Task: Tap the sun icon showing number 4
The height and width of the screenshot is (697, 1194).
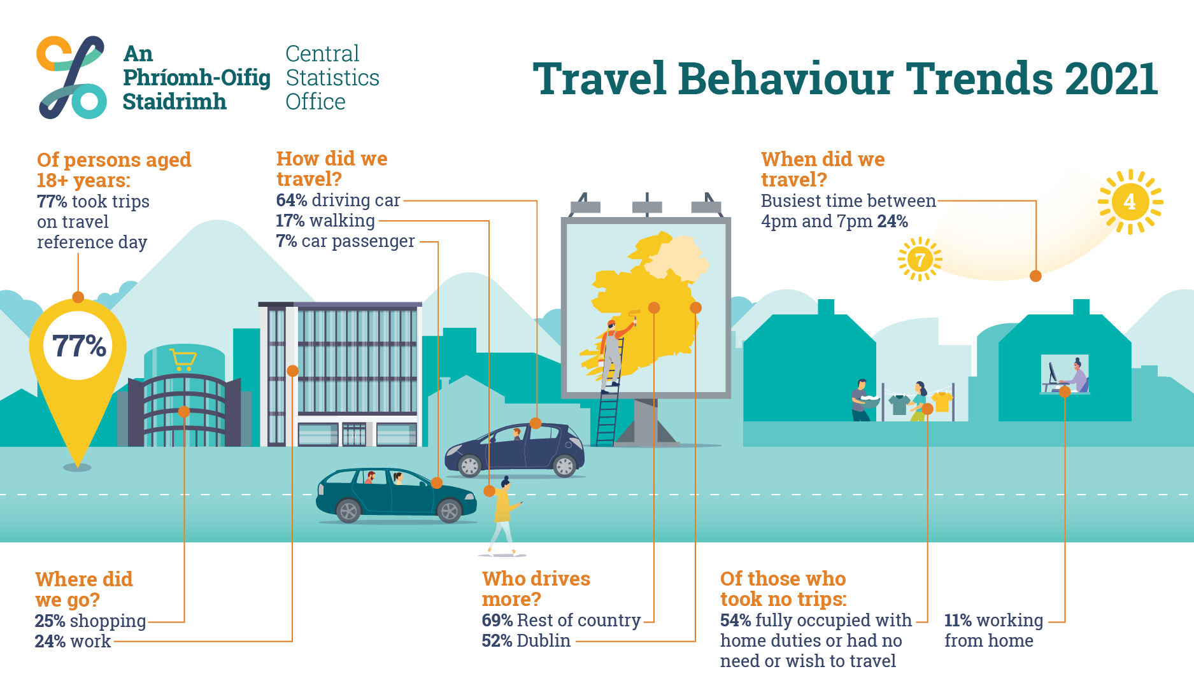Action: click(1130, 202)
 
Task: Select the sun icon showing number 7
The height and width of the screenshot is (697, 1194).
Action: click(920, 259)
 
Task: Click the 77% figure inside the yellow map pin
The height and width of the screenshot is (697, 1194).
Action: click(79, 346)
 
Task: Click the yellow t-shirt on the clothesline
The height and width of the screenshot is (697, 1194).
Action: click(942, 402)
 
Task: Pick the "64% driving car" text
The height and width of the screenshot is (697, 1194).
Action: click(338, 200)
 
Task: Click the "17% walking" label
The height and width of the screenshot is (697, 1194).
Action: click(325, 220)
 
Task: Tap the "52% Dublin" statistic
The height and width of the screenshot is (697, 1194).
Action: click(526, 640)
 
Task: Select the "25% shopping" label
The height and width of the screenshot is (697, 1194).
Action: click(90, 621)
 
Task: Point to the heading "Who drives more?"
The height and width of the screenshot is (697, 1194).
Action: click(536, 588)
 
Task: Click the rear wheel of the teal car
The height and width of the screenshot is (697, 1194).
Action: click(348, 510)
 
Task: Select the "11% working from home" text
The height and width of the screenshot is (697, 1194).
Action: click(993, 630)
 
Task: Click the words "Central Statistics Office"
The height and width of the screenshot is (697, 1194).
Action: click(332, 78)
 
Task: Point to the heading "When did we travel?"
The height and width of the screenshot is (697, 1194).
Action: click(823, 169)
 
